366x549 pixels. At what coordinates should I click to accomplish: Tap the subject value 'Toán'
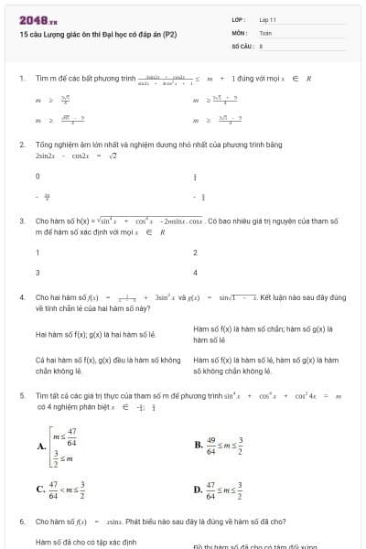tap(265, 31)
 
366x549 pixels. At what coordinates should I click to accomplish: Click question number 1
tap(21, 79)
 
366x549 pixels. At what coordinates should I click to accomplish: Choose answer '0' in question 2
tap(38, 176)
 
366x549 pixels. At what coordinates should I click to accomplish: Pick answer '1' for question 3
tap(38, 253)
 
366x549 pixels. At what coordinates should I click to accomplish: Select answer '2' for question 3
tap(195, 253)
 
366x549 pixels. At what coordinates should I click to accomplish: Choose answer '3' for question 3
tap(38, 273)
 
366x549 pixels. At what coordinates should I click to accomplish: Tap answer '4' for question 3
tap(195, 273)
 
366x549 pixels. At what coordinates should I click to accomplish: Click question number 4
tap(21, 297)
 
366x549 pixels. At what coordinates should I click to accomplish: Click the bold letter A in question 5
tap(41, 447)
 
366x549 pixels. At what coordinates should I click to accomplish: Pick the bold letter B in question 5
tap(199, 447)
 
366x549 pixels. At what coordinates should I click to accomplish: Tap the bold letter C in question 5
tap(41, 490)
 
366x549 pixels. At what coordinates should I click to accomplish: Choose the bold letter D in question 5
tap(199, 490)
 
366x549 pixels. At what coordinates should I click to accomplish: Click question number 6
tap(21, 522)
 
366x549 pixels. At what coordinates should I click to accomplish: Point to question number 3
tap(21, 221)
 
